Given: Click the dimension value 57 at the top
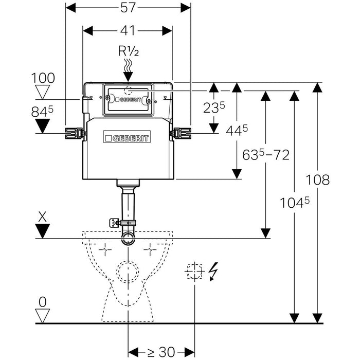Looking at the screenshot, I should click(128, 9).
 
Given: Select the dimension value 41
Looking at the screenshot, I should click(128, 31).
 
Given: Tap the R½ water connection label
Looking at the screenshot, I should click(127, 51).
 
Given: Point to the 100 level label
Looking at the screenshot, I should click(43, 79).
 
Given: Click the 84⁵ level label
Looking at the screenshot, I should click(44, 111).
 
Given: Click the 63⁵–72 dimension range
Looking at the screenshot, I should click(266, 154).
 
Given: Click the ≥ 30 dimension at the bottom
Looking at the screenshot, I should click(161, 352).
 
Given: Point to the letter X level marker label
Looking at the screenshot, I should click(43, 217).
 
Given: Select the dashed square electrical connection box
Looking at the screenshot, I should click(194, 271).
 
